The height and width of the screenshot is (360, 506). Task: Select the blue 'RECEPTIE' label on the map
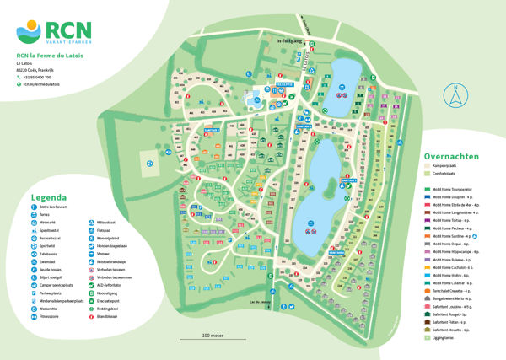(x=283, y=85)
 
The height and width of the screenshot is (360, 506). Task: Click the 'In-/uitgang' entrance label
(x=288, y=41)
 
